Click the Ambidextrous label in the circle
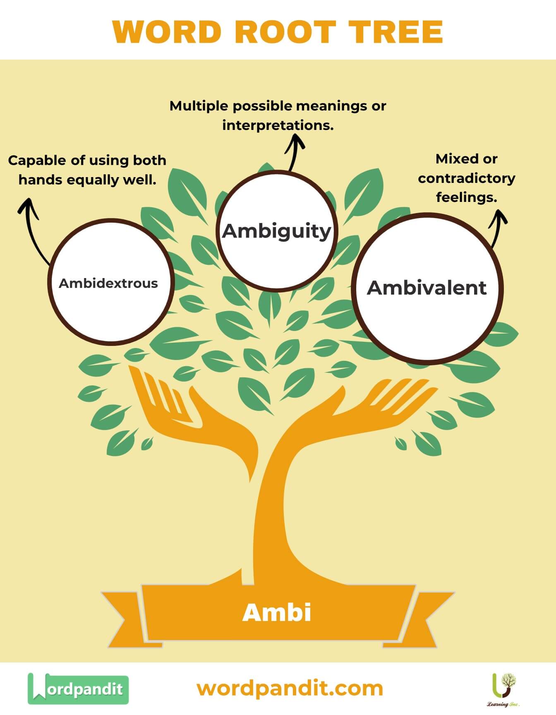click(x=108, y=283)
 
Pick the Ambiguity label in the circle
click(x=277, y=231)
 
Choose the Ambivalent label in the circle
click(x=427, y=288)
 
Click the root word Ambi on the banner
click(x=277, y=613)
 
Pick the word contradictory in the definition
click(x=466, y=178)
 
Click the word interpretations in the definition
click(x=278, y=125)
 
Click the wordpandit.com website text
click(x=290, y=689)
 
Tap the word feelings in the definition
click(x=466, y=197)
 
